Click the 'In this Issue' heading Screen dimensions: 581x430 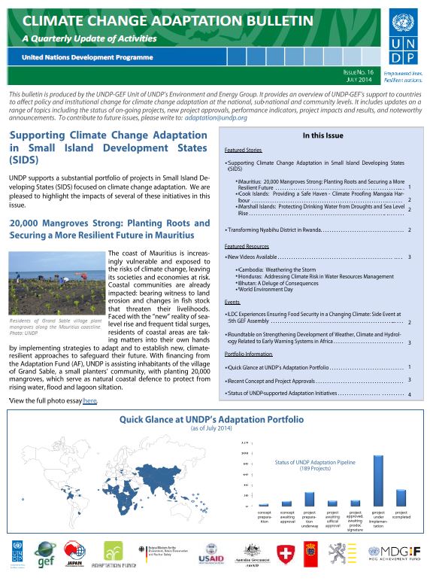point(322,136)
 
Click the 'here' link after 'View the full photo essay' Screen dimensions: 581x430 point(90,402)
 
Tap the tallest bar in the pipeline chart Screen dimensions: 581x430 point(378,479)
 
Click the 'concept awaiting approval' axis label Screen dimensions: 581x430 point(286,518)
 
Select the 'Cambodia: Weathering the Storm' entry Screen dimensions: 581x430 point(274,270)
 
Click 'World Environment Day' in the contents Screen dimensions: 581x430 point(265,290)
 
